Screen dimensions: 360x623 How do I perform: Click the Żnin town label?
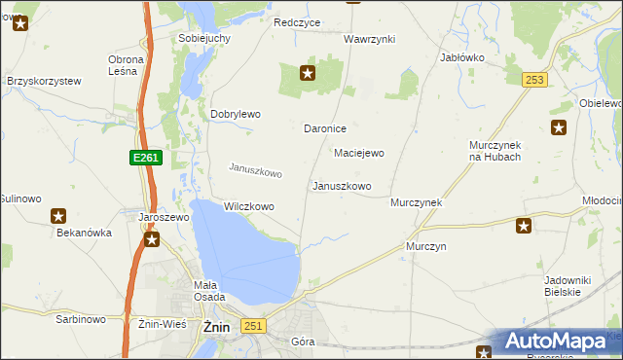click(215, 328)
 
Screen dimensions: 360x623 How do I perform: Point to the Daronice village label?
click(326, 128)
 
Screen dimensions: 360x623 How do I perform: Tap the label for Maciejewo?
click(359, 153)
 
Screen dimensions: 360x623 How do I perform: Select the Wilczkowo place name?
click(248, 206)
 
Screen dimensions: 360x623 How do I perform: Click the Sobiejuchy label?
click(203, 38)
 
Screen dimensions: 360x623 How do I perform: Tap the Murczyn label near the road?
click(426, 246)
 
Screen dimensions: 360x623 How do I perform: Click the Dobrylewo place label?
click(236, 114)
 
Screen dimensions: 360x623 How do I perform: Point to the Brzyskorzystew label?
click(44, 82)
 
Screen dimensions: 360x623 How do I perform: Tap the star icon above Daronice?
click(308, 72)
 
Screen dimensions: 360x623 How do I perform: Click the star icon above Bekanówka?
click(58, 216)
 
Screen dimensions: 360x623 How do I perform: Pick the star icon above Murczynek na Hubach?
click(558, 127)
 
